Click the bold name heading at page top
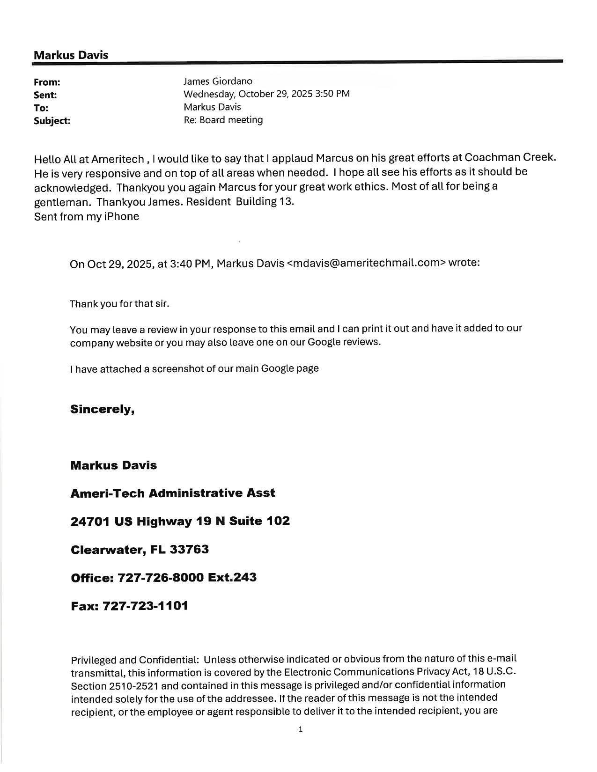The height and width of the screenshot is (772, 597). click(71, 55)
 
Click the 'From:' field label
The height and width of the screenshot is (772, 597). click(47, 82)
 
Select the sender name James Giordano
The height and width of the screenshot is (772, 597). click(218, 81)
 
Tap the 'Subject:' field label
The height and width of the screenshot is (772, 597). click(52, 121)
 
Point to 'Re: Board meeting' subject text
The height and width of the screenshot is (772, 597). click(223, 120)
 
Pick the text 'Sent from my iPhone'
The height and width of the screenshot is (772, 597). click(87, 216)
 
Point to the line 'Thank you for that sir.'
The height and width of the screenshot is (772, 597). click(119, 304)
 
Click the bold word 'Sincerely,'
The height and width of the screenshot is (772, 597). click(103, 409)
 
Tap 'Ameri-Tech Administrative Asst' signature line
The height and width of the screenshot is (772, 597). click(172, 493)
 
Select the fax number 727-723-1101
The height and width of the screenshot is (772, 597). click(145, 606)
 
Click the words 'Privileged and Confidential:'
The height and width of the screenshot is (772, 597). click(135, 660)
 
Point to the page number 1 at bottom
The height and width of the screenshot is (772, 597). click(301, 729)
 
